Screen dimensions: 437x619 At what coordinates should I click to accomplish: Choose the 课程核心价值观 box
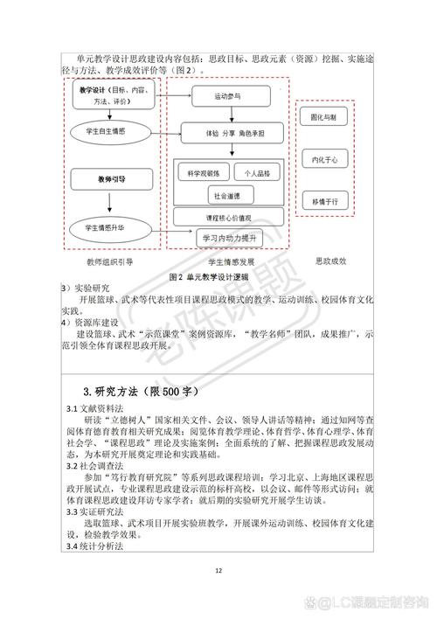click(226, 216)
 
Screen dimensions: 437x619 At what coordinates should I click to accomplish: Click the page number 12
click(218, 572)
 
